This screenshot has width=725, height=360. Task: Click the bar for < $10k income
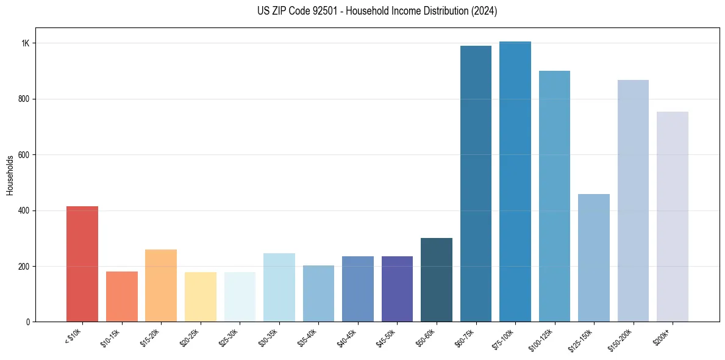point(82,264)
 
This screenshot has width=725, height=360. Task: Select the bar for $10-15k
point(121,297)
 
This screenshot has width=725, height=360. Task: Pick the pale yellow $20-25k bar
point(200,297)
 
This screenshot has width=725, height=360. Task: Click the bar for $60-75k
point(476,184)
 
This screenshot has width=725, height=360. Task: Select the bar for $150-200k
point(633,201)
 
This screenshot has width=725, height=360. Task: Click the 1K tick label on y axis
point(25,43)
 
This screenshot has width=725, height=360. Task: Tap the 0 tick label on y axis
point(27,322)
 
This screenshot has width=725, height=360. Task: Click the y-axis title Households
point(10,175)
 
